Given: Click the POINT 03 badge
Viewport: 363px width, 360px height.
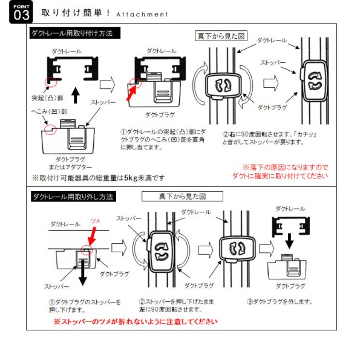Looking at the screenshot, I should point(18,13).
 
